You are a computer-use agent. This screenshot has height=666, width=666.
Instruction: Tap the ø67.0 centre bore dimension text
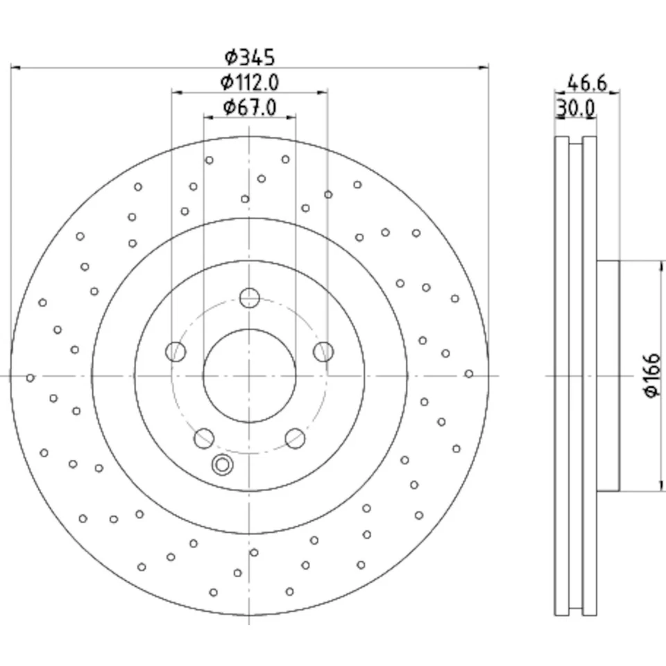(x=250, y=108)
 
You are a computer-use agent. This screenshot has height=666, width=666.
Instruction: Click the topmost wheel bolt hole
(x=249, y=298)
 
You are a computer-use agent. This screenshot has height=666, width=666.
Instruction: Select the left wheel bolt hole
(x=176, y=352)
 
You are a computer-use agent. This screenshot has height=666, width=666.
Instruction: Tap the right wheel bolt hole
(x=323, y=352)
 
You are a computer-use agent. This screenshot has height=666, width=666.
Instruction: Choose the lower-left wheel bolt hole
(x=203, y=438)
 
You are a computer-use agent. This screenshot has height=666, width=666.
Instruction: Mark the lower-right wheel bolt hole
(x=296, y=438)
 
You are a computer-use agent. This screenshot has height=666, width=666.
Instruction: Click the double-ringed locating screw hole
(x=222, y=465)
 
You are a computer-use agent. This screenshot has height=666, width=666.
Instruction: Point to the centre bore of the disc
(x=249, y=375)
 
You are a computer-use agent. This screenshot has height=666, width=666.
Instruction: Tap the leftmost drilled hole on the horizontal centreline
(x=31, y=377)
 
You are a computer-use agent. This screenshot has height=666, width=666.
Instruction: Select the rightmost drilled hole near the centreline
(x=469, y=374)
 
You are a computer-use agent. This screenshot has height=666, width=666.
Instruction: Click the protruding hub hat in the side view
(x=608, y=375)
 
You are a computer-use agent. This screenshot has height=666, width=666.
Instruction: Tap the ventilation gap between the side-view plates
(x=575, y=375)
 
